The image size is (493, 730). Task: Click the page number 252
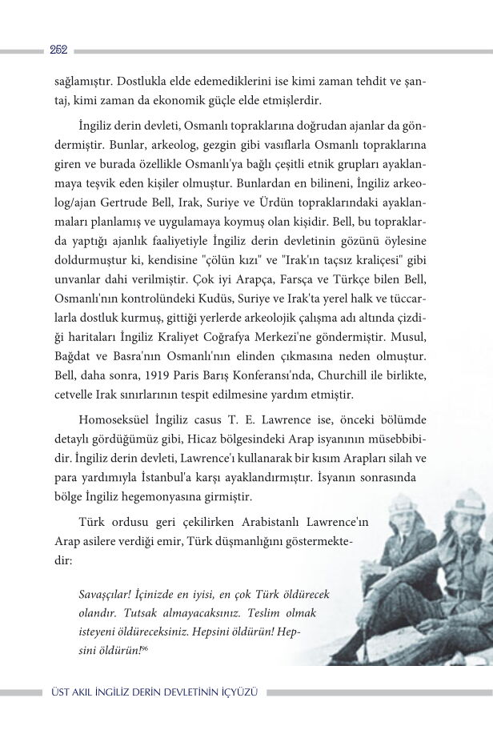click(58, 50)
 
